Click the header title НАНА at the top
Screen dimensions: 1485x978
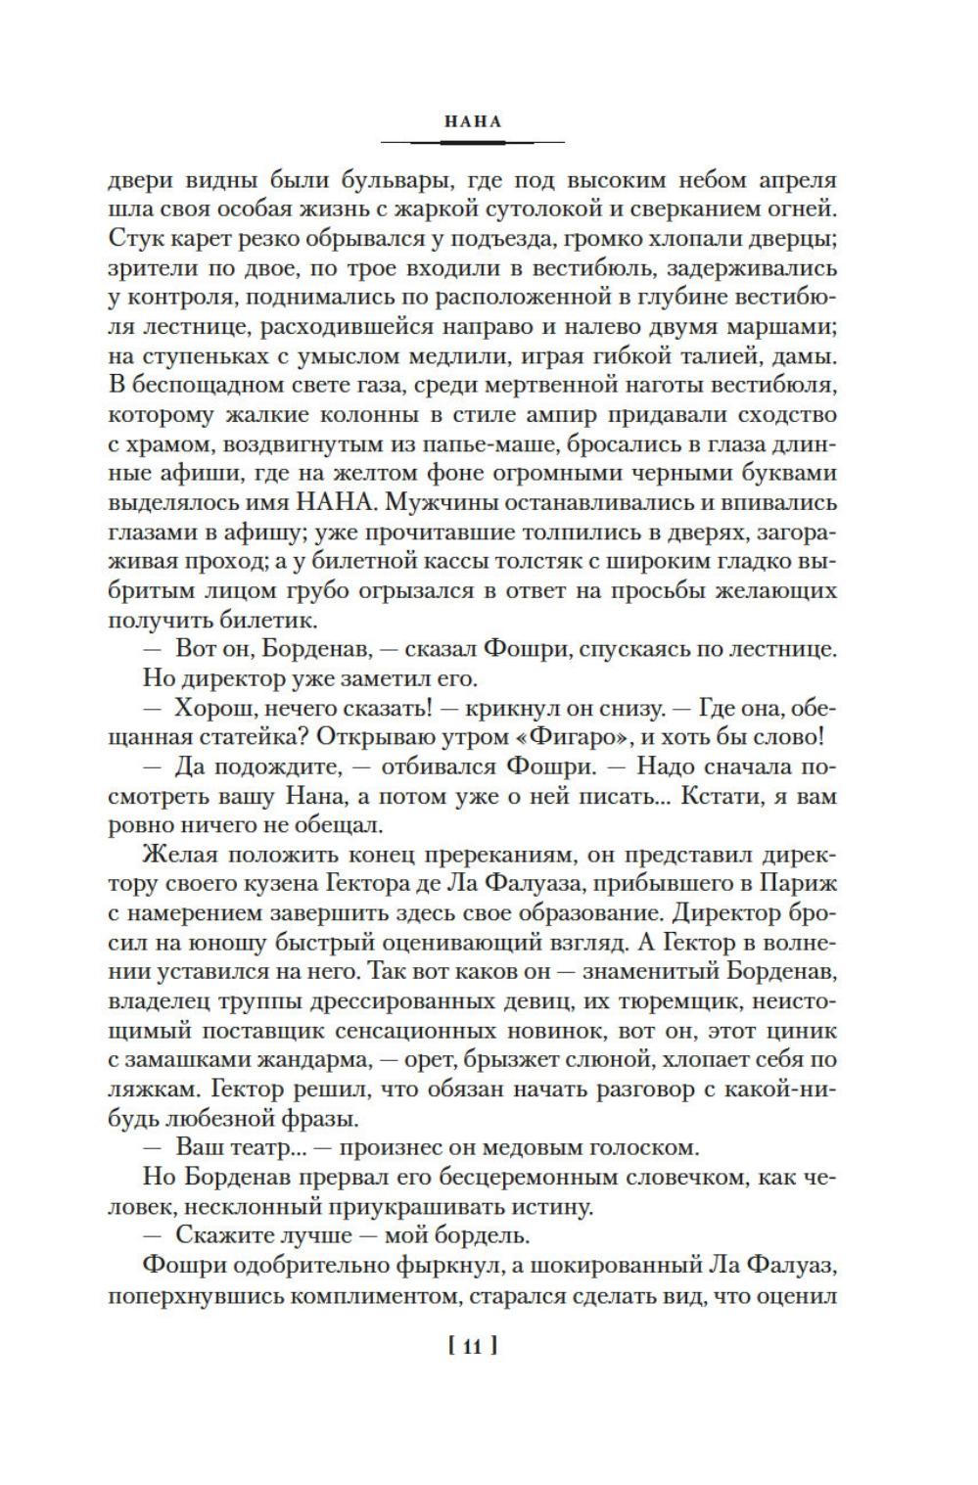472,122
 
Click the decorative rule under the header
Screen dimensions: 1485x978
472,143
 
